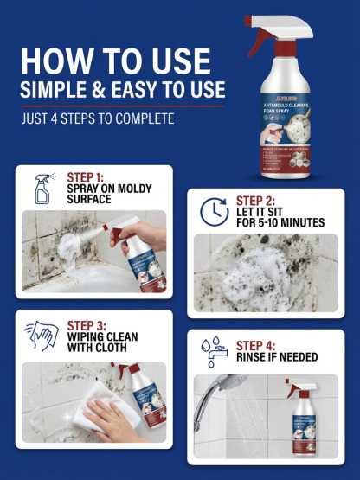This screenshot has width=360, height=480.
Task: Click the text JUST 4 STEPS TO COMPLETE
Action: click(x=97, y=118)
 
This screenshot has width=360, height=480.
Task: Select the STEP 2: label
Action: click(x=256, y=201)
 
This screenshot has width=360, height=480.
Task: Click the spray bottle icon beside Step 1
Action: click(x=43, y=187)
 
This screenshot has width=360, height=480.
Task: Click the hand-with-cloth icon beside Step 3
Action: click(x=43, y=336)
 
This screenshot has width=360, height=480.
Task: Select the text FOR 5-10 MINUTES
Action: click(x=280, y=223)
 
